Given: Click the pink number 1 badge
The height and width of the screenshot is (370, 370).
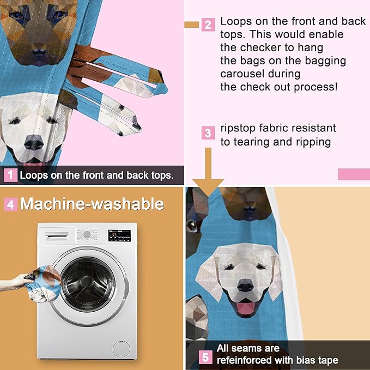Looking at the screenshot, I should point(10,175).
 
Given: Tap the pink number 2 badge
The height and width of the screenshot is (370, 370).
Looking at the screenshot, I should point(208,25).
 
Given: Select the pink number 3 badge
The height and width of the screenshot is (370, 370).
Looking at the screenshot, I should point(208,132).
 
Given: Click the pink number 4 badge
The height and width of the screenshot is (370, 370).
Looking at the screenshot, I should point(10,205).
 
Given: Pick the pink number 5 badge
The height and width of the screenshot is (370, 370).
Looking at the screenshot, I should point(205,357).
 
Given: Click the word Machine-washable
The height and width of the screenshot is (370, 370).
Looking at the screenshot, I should point(92,204).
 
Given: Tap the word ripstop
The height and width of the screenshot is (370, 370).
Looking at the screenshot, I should point(239,129).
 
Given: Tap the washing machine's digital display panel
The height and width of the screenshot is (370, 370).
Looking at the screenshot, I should point(119,235).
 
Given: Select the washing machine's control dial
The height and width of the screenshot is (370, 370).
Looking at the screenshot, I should point(87,235).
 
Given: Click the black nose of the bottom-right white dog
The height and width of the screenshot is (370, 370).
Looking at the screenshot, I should point(246,285).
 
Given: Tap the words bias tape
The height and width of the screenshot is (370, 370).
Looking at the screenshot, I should point(318,360).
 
